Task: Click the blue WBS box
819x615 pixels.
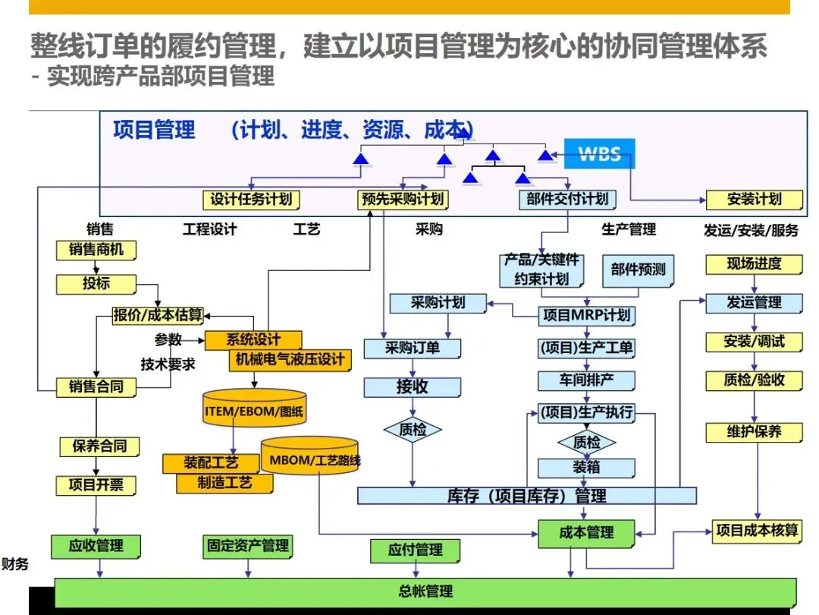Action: click(599, 154)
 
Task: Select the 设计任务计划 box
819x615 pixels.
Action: click(251, 200)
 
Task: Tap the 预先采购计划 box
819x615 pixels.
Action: click(402, 200)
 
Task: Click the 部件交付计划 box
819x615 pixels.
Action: click(567, 200)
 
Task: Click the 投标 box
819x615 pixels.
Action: click(96, 284)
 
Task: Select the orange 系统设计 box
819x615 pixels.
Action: click(253, 339)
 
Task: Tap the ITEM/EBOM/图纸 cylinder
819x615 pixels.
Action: click(255, 412)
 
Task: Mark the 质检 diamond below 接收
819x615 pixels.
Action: click(413, 430)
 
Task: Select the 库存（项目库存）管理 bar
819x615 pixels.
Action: click(526, 496)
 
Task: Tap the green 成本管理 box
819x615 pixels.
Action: click(586, 532)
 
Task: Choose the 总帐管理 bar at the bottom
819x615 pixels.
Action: click(425, 591)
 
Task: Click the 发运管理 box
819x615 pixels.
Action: click(754, 302)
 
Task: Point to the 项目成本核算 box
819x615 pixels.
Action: click(757, 530)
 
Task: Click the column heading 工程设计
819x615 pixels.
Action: click(210, 229)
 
